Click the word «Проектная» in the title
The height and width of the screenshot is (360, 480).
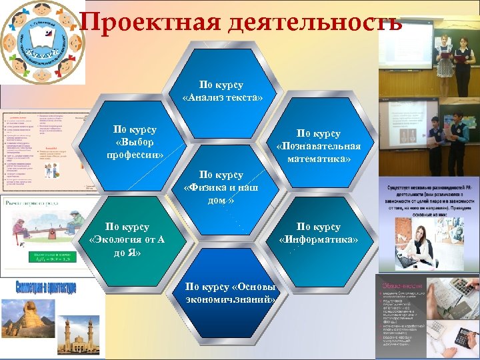point(143,22)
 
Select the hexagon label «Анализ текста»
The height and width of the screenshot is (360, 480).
point(223,92)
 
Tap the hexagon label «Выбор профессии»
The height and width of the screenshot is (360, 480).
point(135,142)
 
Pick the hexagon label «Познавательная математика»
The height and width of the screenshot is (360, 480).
point(318,146)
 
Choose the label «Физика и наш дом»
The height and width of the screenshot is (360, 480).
point(221,187)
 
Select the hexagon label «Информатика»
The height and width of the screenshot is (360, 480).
point(318,233)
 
